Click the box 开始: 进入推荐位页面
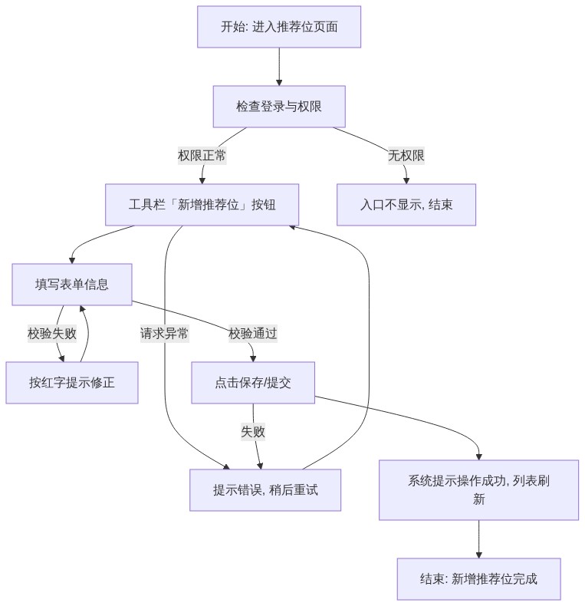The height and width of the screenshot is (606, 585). point(279,27)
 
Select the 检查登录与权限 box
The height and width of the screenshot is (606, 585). point(279,107)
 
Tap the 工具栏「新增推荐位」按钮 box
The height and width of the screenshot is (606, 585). point(202,205)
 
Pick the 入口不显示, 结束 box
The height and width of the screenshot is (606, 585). point(406,205)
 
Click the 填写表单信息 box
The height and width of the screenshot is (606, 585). point(72,285)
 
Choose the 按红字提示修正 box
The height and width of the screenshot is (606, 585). point(72,383)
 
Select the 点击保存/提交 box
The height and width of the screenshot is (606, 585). point(253,383)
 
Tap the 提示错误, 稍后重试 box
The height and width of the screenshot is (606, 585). point(265,490)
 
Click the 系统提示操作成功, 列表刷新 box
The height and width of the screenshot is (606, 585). point(478,490)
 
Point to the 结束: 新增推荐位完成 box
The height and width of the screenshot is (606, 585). point(478,579)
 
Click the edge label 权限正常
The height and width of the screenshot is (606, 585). point(202,156)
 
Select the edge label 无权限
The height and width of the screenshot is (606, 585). point(406,156)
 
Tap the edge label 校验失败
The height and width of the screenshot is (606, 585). point(52,334)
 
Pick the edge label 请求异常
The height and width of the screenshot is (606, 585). point(164,334)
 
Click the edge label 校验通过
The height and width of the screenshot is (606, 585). point(253,334)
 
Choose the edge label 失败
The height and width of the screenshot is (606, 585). point(253,432)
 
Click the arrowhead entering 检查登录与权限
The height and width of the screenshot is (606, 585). point(279,83)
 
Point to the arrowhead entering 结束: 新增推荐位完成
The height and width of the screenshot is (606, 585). point(478,555)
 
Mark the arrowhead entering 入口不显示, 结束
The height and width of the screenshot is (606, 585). point(406,181)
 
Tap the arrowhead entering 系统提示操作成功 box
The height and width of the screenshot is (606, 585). point(478,457)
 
